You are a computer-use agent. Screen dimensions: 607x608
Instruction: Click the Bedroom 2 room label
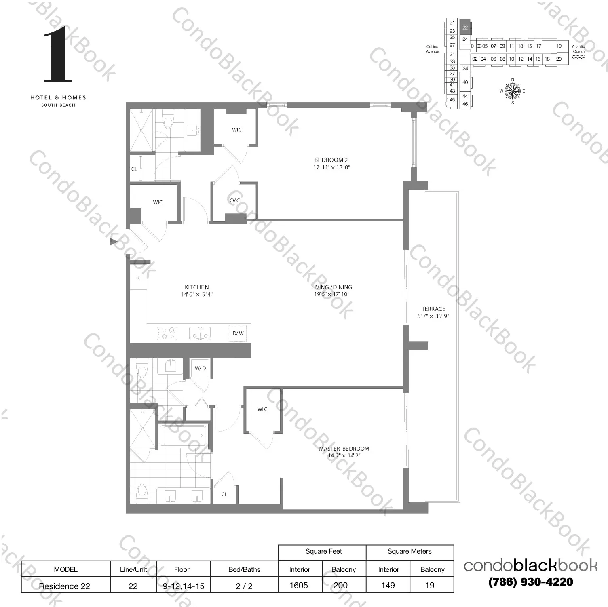(x=331, y=160)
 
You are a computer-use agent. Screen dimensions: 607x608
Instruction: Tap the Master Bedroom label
(x=344, y=449)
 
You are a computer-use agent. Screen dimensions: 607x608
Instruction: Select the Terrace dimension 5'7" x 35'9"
(x=433, y=316)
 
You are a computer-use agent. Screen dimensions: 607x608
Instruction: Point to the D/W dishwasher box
(x=238, y=333)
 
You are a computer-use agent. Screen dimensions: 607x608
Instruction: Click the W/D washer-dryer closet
(x=200, y=369)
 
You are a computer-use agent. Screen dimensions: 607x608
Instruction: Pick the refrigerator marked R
(x=138, y=278)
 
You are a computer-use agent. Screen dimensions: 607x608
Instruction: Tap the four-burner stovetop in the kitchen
(x=167, y=333)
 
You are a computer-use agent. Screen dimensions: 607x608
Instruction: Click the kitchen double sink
(x=200, y=333)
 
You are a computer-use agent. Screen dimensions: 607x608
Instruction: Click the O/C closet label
(x=234, y=200)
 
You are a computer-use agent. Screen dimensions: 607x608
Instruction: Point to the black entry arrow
(x=114, y=242)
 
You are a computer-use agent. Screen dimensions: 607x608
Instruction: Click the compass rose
(x=513, y=91)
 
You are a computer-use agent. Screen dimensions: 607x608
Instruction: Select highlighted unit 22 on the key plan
(x=465, y=27)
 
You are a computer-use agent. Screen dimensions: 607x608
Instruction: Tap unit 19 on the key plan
(x=559, y=46)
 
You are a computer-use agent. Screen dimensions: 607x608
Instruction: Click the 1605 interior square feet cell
(x=299, y=585)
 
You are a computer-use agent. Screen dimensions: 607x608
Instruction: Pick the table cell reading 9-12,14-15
(x=183, y=586)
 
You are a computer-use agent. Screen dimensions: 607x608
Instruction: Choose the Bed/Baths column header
(x=244, y=569)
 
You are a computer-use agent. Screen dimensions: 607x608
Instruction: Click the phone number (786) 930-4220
(x=530, y=582)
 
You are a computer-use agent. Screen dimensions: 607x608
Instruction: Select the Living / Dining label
(x=331, y=287)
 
